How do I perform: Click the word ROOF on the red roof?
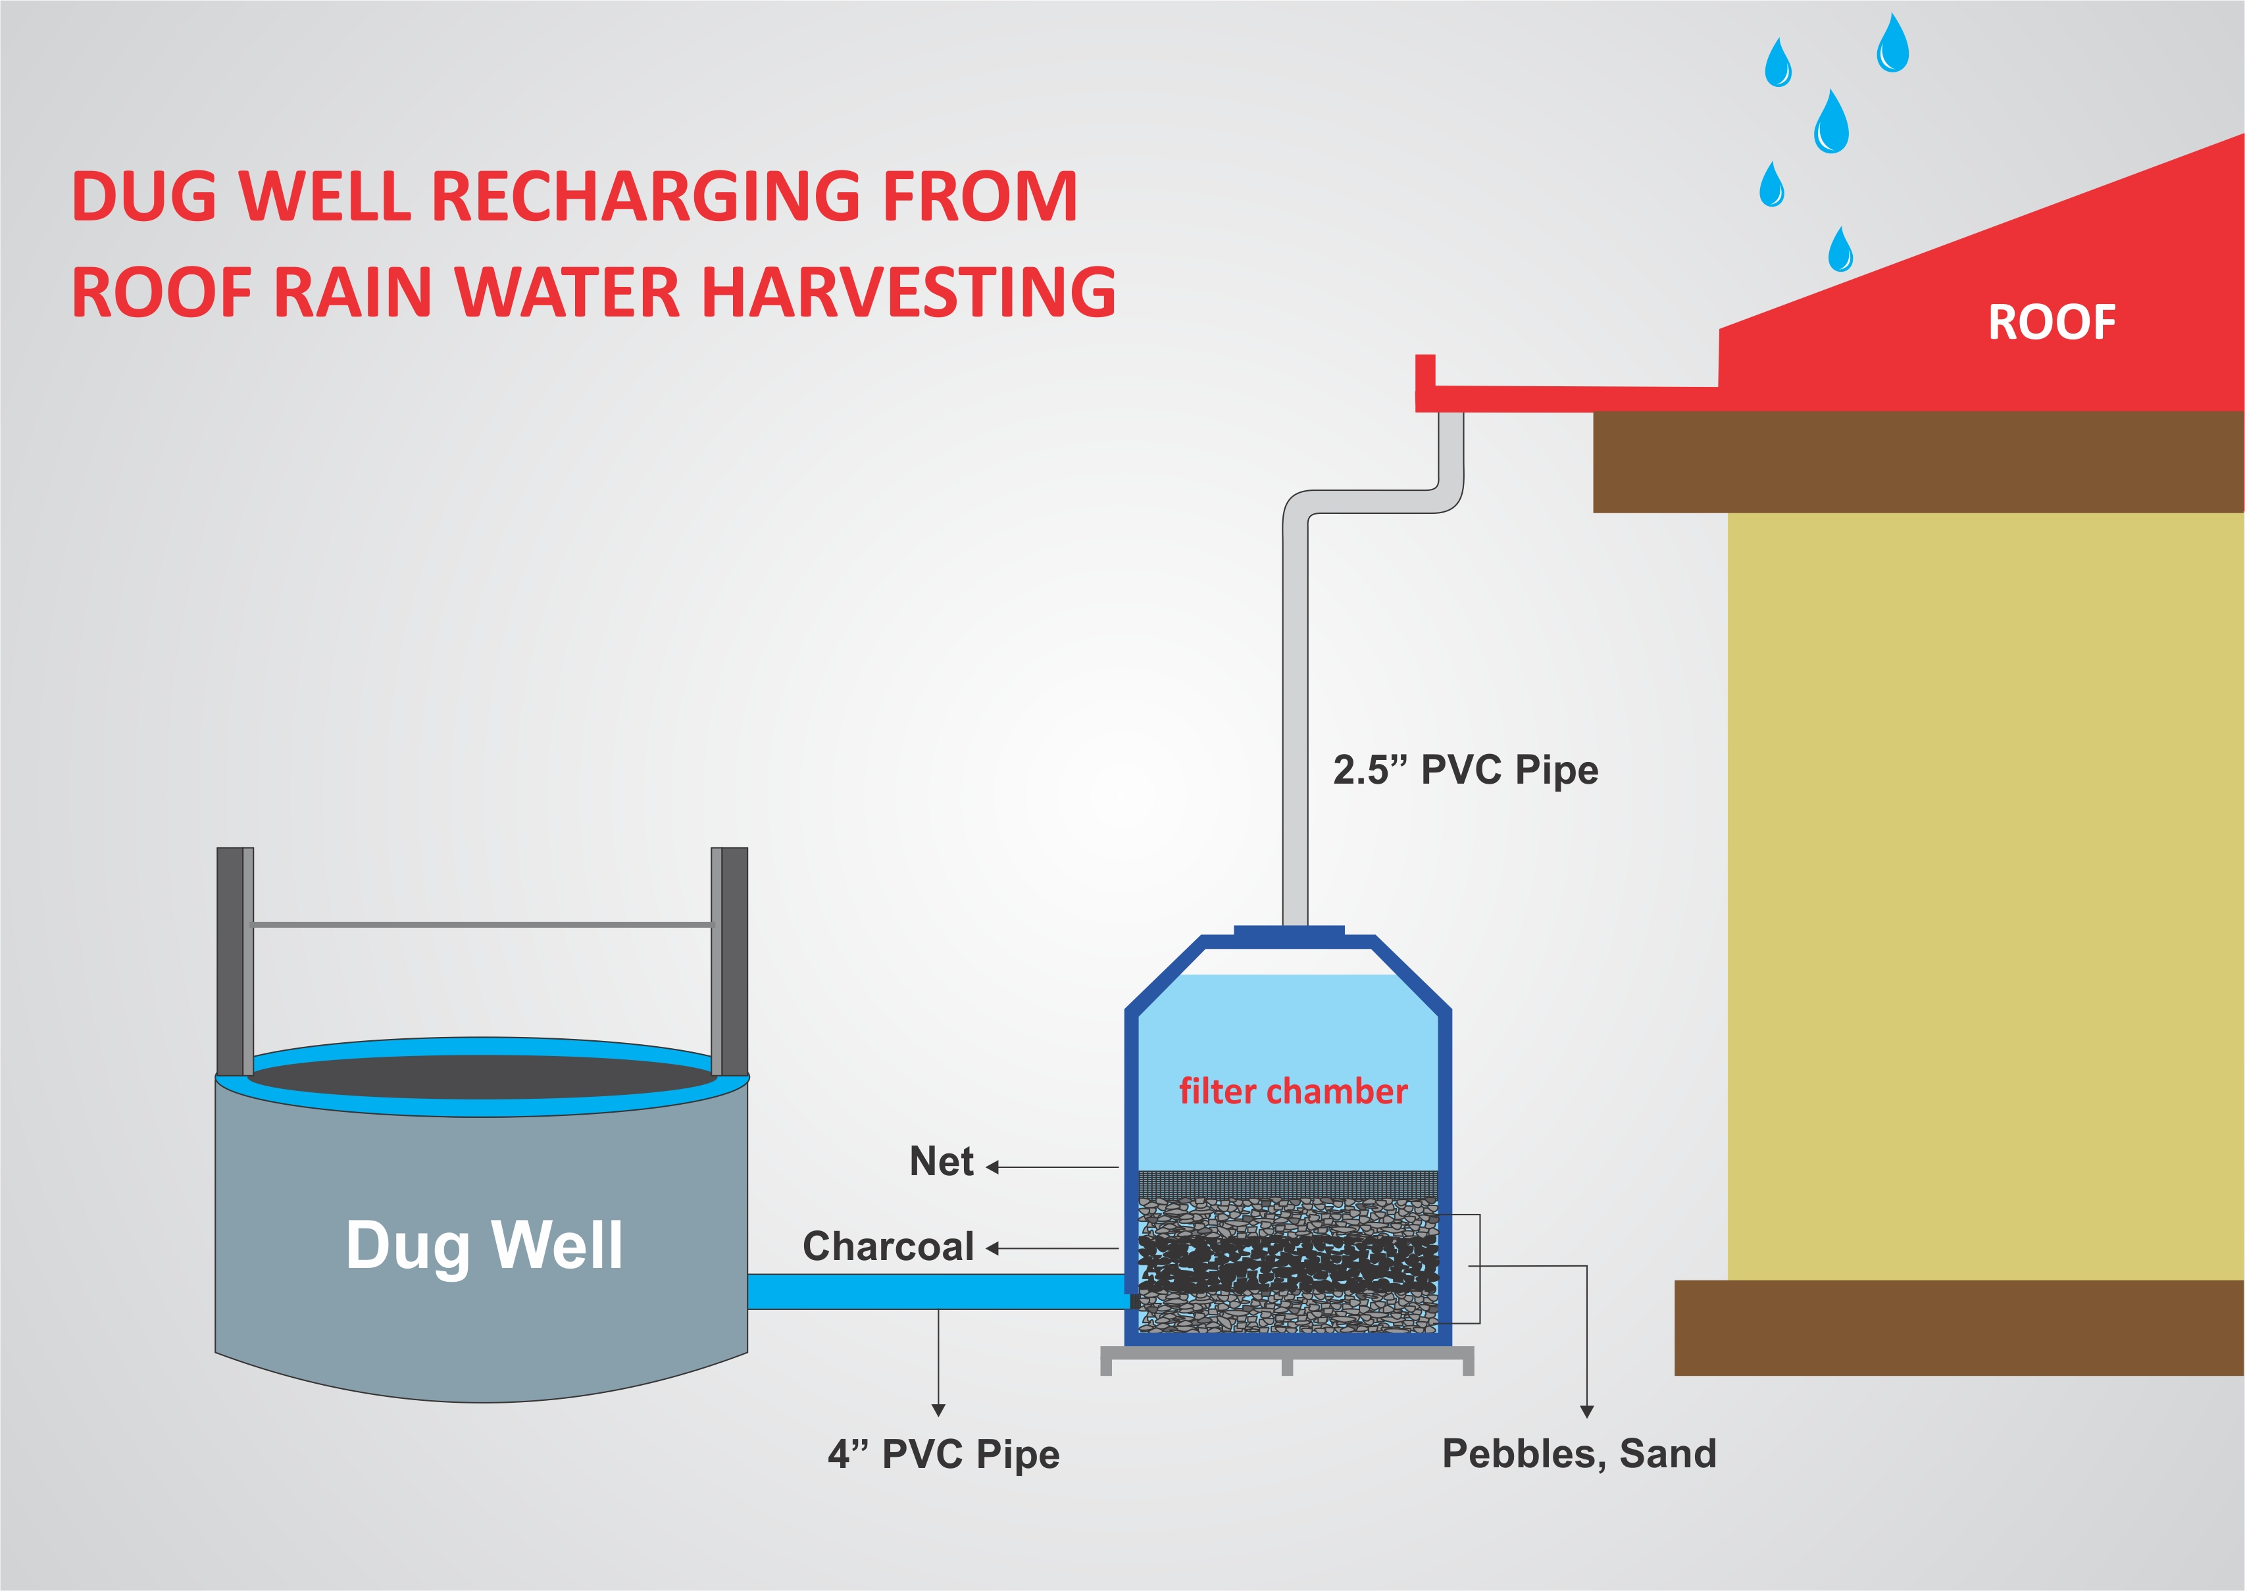2051,322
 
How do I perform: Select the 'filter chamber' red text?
1293,1092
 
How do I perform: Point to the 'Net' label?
942,1162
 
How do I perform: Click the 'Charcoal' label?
888,1246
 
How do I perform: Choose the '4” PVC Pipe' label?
944,1455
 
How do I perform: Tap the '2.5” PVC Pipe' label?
1465,770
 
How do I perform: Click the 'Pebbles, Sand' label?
1579,1454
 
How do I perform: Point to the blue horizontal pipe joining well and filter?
938,1291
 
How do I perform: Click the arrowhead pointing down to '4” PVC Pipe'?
938,1410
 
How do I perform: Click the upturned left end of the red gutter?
1425,372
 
